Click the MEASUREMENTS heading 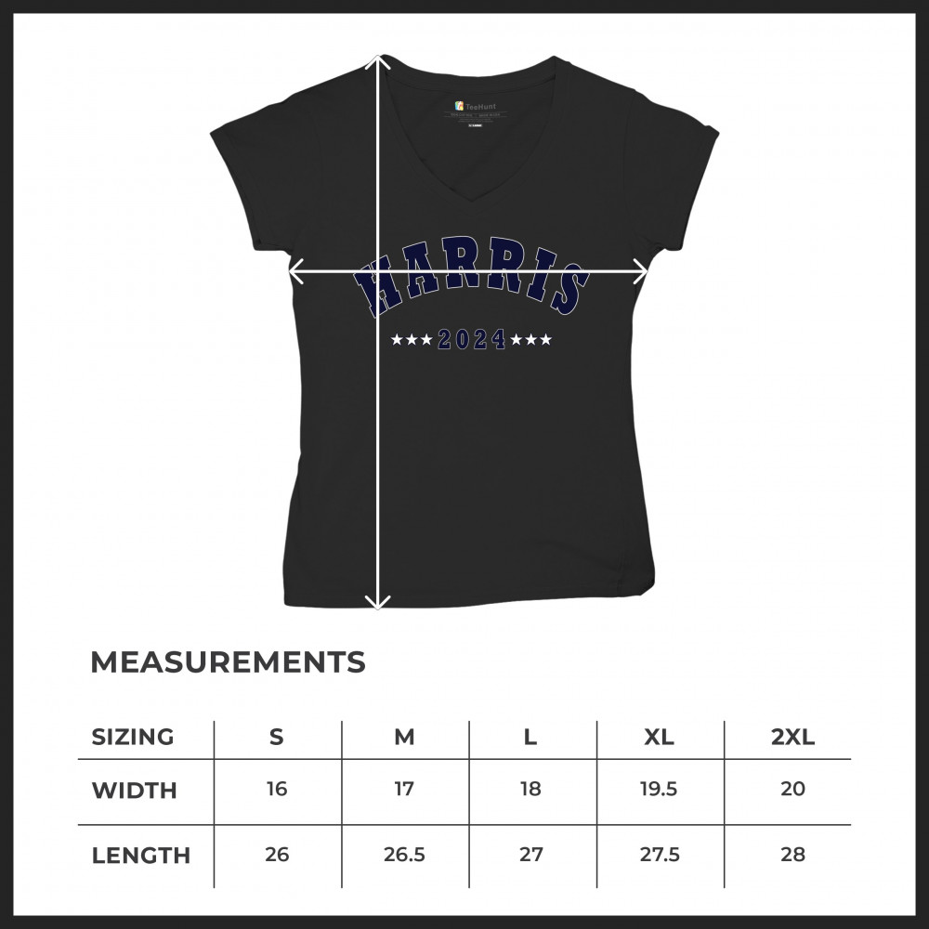228,662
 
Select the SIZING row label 133,738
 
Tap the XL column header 659,738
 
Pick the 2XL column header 792,738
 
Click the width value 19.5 659,790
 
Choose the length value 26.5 404,855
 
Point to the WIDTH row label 134,791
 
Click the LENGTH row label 140,856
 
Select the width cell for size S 277,790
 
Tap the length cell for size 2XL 792,855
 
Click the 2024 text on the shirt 472,340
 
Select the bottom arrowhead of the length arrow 378,605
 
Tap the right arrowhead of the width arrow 643,271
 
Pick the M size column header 404,738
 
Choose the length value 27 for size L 531,855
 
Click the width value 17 404,790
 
